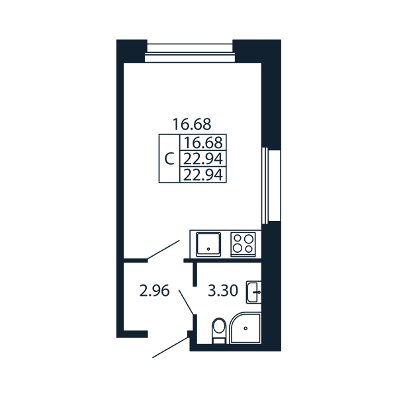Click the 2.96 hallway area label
[154, 290]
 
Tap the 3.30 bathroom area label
[223, 290]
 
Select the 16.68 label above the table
[192, 124]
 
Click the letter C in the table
[169, 159]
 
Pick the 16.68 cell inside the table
[203, 142]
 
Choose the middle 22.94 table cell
[203, 159]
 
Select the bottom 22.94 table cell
[203, 175]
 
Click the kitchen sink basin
[208, 244]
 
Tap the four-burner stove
[243, 244]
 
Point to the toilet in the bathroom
[219, 331]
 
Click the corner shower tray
[245, 328]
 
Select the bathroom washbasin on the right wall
[253, 292]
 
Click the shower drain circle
[245, 328]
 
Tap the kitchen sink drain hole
[208, 249]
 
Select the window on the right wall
[271, 185]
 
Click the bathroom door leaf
[186, 302]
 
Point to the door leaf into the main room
[163, 249]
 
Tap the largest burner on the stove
[249, 238]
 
